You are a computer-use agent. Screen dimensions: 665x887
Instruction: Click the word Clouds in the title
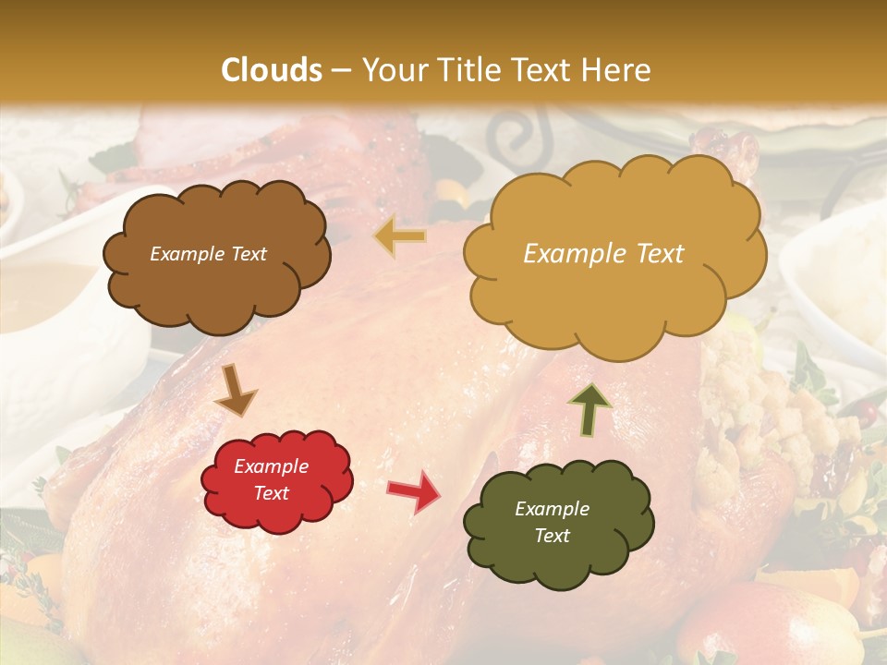(x=272, y=70)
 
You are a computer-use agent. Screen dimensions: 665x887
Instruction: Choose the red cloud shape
(x=276, y=506)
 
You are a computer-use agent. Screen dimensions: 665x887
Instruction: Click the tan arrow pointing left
(x=401, y=236)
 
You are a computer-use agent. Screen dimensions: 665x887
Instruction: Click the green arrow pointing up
(x=589, y=409)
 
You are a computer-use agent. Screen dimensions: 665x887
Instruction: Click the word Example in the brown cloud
(x=187, y=254)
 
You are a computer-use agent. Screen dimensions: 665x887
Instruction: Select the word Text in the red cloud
(x=272, y=493)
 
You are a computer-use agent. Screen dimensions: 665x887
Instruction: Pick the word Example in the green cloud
(x=552, y=509)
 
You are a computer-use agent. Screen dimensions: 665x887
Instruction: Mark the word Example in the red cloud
(x=272, y=466)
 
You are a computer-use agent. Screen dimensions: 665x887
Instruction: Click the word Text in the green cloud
(x=552, y=536)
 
